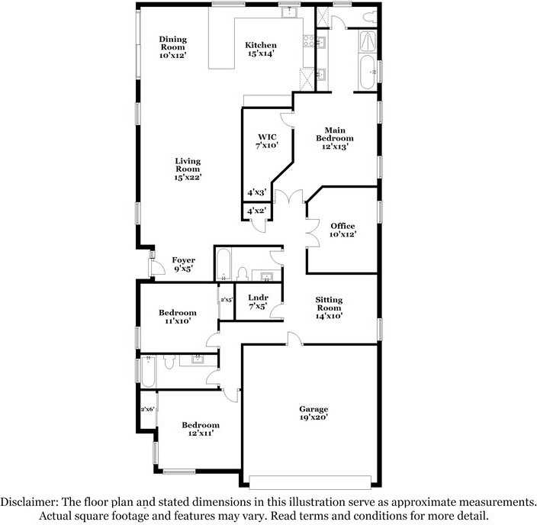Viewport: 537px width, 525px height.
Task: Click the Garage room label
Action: click(314, 413)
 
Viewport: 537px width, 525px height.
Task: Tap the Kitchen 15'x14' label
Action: click(261, 49)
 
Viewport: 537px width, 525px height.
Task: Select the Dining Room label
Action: click(172, 47)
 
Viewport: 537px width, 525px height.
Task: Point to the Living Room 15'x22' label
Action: click(188, 169)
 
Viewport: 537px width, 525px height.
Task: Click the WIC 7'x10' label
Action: click(267, 141)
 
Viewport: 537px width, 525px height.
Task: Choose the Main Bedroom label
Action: click(335, 138)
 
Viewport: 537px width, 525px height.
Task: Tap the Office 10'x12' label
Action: click(342, 230)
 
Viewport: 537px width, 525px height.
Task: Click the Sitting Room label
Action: click(329, 308)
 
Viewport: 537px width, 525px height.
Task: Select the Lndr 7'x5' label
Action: click(258, 302)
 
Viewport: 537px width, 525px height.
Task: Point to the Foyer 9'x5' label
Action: click(184, 264)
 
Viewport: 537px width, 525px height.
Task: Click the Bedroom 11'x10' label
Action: click(178, 317)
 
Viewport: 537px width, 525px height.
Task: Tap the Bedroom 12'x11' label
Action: click(201, 429)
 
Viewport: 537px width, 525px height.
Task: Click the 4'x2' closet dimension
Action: click(256, 211)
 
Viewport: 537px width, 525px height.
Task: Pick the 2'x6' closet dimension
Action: click(148, 409)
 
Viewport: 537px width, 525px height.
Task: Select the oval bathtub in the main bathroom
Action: click(368, 72)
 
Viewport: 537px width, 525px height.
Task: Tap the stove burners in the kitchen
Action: click(309, 41)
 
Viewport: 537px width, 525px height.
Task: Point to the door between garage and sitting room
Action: click(295, 339)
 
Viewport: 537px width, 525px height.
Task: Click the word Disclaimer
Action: click(30, 502)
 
